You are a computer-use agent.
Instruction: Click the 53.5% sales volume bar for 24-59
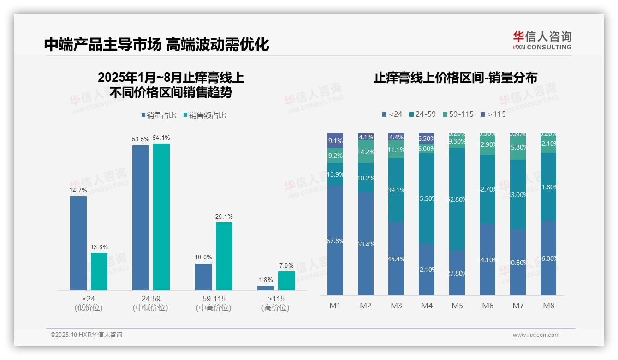pos(141,217)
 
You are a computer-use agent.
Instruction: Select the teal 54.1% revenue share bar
pos(161,216)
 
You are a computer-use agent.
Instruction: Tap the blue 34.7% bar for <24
pos(78,243)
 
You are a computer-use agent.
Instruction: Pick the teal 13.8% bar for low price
pos(99,271)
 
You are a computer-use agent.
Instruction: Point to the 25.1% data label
pos(224,217)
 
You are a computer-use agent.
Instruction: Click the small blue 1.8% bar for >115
pos(266,288)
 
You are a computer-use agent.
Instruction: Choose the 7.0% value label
pos(286,266)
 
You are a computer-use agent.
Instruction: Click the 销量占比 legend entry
pos(159,115)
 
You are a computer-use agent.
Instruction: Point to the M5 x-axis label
pos(457,306)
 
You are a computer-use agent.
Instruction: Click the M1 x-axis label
pos(335,306)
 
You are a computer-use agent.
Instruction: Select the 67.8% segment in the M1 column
pos(335,240)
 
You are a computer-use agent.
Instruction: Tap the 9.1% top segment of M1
pos(335,140)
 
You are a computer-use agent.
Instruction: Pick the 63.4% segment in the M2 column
pos(366,244)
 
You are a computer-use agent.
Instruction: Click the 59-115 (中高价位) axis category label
pos(214,303)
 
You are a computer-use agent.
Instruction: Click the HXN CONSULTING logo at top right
pos(542,41)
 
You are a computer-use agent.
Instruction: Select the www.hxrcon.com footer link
pos(536,335)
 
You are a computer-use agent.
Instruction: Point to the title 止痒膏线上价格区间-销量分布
pos(455,78)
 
